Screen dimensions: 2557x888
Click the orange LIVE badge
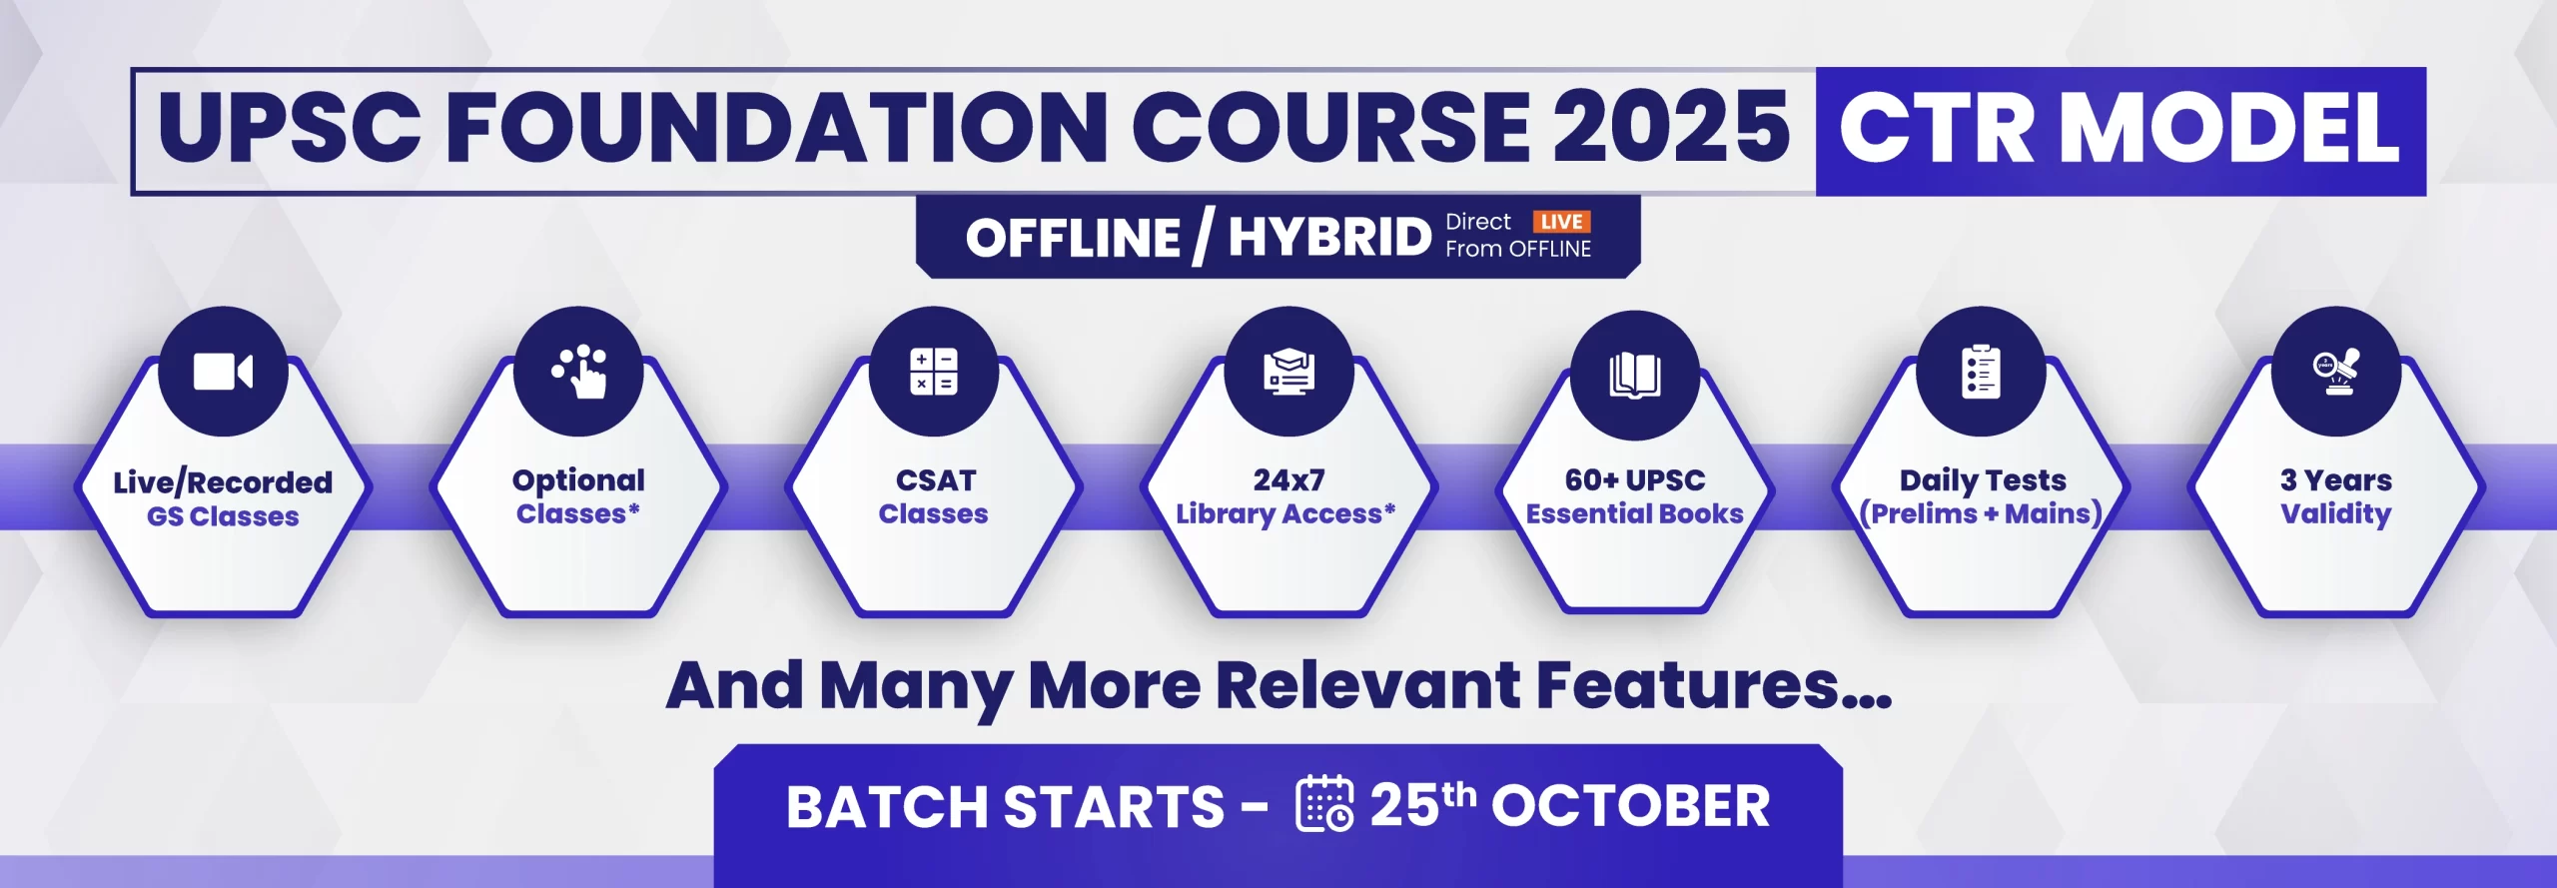(x=1561, y=222)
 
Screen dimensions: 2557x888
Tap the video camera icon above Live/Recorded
(x=223, y=372)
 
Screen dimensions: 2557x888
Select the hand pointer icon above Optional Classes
(x=580, y=372)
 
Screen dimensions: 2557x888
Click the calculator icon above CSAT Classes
(x=934, y=372)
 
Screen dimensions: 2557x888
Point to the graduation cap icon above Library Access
(x=1289, y=372)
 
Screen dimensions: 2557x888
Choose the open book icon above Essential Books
(x=1635, y=376)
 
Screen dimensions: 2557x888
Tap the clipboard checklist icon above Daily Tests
(x=1982, y=372)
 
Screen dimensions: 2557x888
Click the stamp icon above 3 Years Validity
(x=2336, y=372)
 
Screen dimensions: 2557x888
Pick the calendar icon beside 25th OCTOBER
(x=1324, y=803)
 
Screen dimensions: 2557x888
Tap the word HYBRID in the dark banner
(x=1329, y=237)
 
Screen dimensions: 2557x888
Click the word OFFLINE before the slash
(x=1073, y=238)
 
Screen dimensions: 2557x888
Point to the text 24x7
(x=1288, y=480)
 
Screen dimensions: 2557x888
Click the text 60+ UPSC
(x=1635, y=480)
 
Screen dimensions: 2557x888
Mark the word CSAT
(x=935, y=480)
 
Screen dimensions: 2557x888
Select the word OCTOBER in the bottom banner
(x=1630, y=806)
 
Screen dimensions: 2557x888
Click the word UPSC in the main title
(x=290, y=127)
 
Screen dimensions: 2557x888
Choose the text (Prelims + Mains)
(x=1982, y=513)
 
